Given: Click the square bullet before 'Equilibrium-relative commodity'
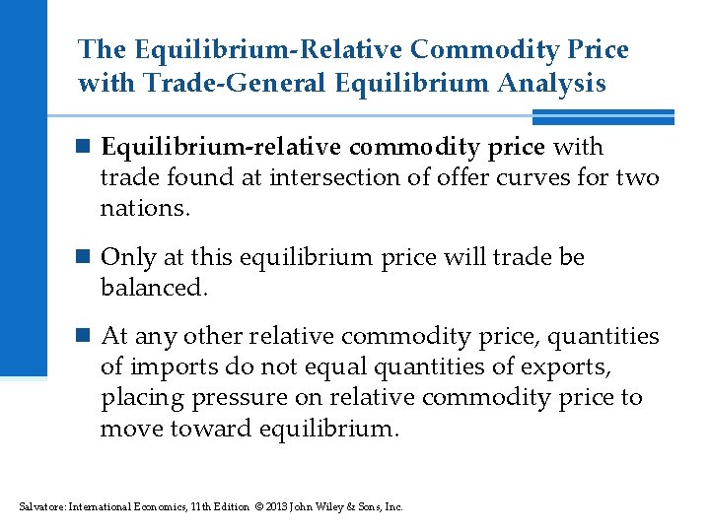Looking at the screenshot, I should [x=86, y=148].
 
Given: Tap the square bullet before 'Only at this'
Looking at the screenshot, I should [x=86, y=258].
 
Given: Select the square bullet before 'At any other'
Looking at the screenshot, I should [x=86, y=337].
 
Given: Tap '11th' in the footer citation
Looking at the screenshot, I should [x=179, y=506].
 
